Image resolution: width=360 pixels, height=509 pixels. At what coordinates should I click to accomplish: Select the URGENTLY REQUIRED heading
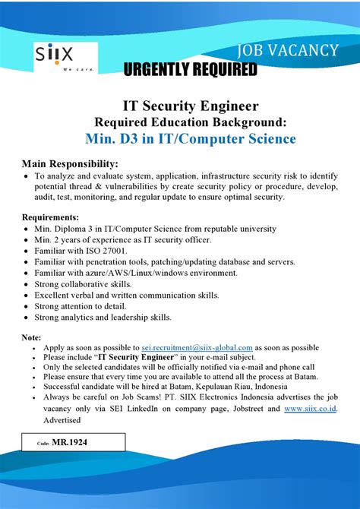point(190,71)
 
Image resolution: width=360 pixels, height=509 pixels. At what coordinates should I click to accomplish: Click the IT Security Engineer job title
point(180,106)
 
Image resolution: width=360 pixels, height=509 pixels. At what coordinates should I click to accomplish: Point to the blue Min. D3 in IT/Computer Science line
point(180,139)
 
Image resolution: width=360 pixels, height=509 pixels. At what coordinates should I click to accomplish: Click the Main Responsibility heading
point(70,163)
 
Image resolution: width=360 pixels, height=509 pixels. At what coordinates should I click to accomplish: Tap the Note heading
point(31,337)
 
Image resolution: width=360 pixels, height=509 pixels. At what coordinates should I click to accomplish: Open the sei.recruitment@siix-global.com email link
point(197,347)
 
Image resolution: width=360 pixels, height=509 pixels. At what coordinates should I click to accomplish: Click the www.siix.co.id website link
point(310,409)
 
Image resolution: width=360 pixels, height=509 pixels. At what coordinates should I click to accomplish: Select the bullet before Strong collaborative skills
point(27,284)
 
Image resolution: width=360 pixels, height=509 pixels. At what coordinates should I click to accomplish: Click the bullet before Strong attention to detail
point(27,306)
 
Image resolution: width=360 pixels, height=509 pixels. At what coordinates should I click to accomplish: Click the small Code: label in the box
point(43,441)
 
